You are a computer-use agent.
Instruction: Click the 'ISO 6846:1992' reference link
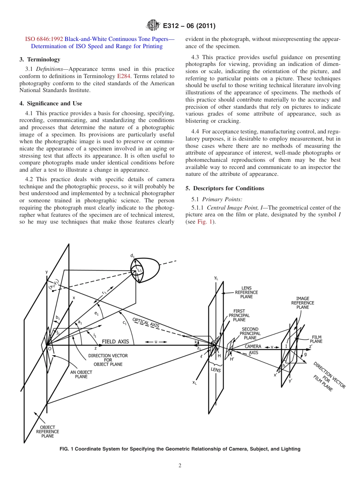point(44,39)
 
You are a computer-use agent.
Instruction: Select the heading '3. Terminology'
point(40,59)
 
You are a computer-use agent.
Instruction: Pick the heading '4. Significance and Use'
point(51,103)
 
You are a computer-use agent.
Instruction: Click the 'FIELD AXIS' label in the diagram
point(115,341)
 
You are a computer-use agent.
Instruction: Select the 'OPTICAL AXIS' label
point(146,322)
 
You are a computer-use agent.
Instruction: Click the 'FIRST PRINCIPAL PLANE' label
point(239,315)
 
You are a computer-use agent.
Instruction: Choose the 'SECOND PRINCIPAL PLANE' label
point(250,333)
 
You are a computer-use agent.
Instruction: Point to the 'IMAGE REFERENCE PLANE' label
point(302,303)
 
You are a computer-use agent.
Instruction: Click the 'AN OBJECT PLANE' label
point(81,374)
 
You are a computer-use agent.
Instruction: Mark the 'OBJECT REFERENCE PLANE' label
point(47,432)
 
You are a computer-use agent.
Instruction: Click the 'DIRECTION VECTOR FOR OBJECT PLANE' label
point(108,360)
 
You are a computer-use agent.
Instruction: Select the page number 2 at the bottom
point(180,466)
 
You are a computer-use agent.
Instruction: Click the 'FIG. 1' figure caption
point(180,449)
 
